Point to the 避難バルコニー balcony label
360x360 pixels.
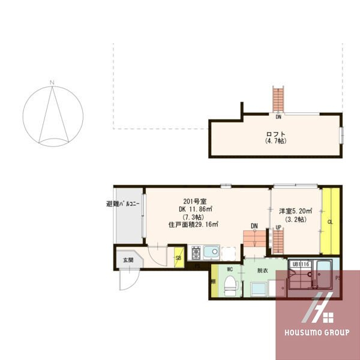pos(122,204)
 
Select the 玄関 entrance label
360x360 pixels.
pos(128,260)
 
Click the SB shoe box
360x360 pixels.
pos(178,259)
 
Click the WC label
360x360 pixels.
pos(229,270)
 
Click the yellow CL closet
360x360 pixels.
pos(331,221)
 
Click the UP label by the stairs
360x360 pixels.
pos(278,227)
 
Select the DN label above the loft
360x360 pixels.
pos(278,116)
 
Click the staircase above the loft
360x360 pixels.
pos(277,99)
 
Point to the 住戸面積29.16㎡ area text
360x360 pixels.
pos(193,224)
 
